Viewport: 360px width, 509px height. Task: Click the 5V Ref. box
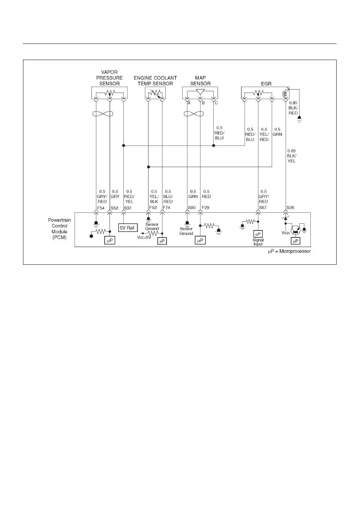click(x=128, y=228)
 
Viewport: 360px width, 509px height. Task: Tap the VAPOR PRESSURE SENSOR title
click(x=109, y=78)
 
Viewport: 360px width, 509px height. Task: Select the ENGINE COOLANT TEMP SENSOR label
click(x=155, y=81)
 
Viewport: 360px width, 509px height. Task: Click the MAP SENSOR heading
click(x=200, y=81)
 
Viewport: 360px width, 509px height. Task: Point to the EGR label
click(x=266, y=83)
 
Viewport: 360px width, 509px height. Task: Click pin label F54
click(x=101, y=208)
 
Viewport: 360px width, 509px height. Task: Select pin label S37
click(x=128, y=208)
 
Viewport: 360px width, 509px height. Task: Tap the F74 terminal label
click(x=166, y=208)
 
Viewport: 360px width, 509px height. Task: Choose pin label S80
click(x=191, y=208)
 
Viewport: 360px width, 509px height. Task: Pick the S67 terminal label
click(x=263, y=208)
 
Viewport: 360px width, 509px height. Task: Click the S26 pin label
click(x=290, y=208)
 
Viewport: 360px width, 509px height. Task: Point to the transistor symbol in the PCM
click(x=295, y=230)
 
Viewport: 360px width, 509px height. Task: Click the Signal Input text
click(x=258, y=242)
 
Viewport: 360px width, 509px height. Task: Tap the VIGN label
click(x=286, y=233)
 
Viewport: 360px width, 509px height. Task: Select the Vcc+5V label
click(x=144, y=237)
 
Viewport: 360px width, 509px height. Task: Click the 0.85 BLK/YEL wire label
click(x=291, y=156)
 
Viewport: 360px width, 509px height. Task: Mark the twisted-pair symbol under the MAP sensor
click(x=194, y=113)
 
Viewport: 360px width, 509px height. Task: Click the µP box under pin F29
click(x=200, y=241)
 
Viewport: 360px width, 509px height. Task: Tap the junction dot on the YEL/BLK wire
click(x=148, y=167)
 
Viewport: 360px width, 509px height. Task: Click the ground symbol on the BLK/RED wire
click(x=299, y=119)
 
